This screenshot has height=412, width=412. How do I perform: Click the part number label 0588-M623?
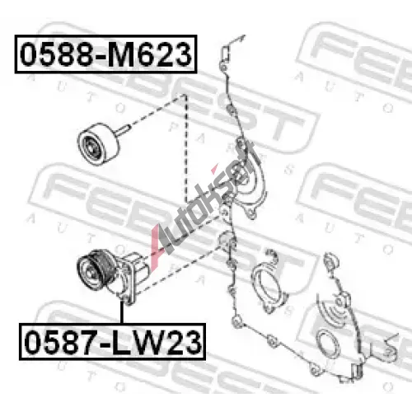(x=105, y=54)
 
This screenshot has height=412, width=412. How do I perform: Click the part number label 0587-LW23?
(x=112, y=342)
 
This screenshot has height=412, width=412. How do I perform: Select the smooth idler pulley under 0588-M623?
(x=98, y=144)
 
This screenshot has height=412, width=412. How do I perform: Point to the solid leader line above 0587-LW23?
(x=121, y=312)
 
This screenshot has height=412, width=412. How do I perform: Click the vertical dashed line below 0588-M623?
(x=185, y=148)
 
